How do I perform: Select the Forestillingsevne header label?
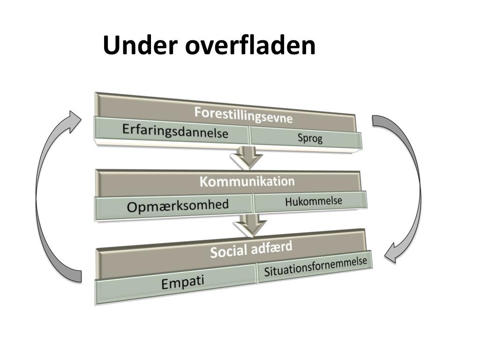click(x=243, y=115)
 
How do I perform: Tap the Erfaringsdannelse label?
click(x=175, y=131)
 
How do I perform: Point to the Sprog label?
click(x=310, y=138)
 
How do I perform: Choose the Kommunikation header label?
click(x=247, y=181)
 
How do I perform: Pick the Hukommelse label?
click(x=314, y=201)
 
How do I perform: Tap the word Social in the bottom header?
click(x=228, y=251)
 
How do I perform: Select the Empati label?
click(x=183, y=283)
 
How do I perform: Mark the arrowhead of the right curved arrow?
click(x=390, y=255)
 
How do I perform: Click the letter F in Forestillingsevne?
click(x=198, y=112)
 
